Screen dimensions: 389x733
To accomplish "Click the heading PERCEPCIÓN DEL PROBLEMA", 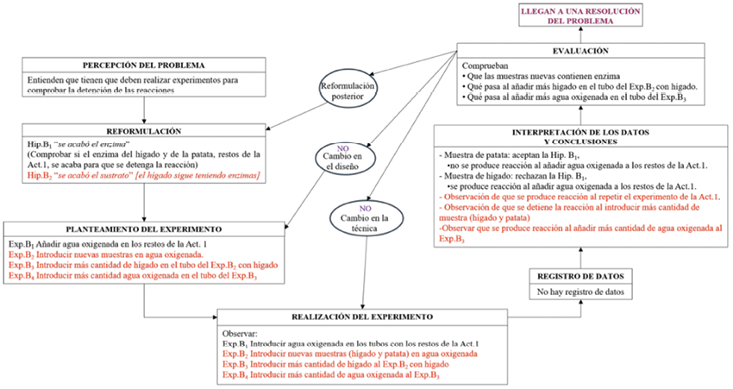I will (x=144, y=66).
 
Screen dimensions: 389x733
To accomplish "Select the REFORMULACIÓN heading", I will (x=143, y=131).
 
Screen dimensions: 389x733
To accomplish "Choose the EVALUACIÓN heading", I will (x=584, y=52).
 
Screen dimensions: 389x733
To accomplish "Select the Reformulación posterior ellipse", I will (x=348, y=91).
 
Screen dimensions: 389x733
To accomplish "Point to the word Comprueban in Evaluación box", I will (x=486, y=65).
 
